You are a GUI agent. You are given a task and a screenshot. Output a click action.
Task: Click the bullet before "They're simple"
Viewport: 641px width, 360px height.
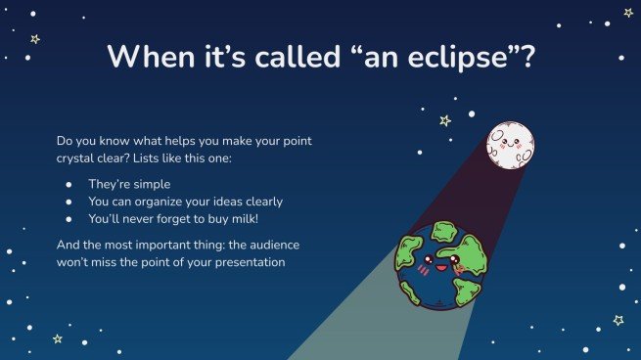pos(68,184)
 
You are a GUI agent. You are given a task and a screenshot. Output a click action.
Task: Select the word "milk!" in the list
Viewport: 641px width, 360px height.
pos(257,219)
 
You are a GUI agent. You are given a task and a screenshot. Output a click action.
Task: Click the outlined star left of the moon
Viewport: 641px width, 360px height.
pos(445,120)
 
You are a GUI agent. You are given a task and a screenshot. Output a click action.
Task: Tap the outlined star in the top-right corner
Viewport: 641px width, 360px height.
pos(627,13)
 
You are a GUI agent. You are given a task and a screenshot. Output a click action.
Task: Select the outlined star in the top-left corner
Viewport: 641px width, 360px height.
pos(35,39)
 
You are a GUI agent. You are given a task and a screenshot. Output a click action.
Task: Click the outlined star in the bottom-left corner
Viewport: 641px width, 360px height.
pos(57,338)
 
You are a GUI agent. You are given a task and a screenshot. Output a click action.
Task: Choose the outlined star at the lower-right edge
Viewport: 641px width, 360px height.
pos(618,320)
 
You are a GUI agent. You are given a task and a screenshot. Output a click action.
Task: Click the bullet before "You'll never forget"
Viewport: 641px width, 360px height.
pos(68,219)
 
